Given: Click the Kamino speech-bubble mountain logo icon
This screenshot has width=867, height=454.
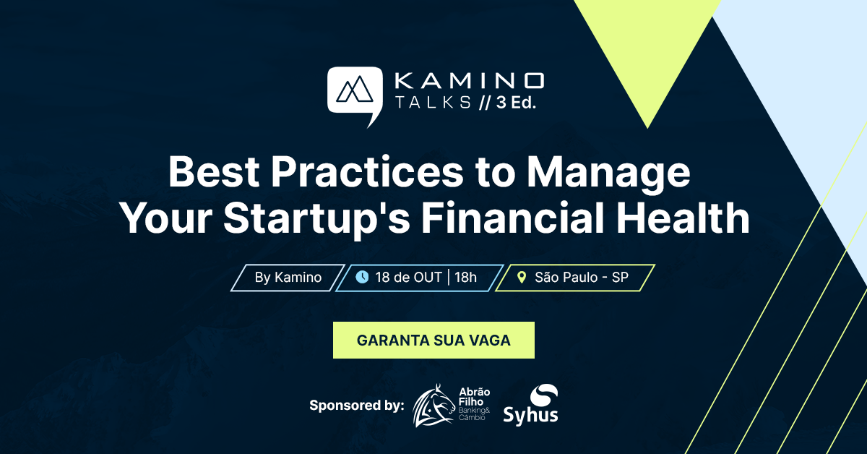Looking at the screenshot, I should tap(354, 93).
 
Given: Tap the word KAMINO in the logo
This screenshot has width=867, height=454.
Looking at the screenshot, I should tap(469, 79).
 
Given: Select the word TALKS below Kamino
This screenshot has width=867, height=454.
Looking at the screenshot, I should tap(432, 102).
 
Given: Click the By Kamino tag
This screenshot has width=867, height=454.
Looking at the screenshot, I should tap(288, 278).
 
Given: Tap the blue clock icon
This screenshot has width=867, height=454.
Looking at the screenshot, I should tap(362, 277).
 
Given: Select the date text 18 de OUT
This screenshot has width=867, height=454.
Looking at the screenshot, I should tap(408, 278).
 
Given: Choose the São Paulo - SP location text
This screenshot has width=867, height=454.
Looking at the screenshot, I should tap(581, 278).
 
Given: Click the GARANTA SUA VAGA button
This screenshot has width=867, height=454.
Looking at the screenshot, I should tap(433, 340).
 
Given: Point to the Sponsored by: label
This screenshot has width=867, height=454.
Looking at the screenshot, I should tap(356, 406).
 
